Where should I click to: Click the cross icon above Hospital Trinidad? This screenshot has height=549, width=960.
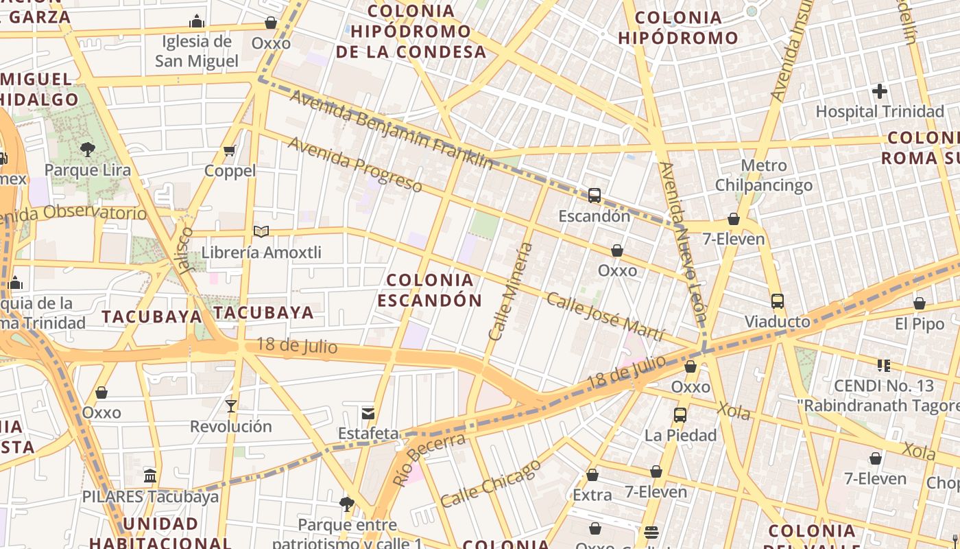[x=880, y=91]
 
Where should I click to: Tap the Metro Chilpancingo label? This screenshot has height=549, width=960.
[x=764, y=176]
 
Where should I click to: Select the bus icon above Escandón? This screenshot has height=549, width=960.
[x=595, y=196]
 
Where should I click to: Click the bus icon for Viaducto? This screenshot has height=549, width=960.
[x=778, y=301]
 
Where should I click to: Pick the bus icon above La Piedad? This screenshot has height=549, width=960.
[x=680, y=415]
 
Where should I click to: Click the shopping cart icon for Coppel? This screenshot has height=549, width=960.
[x=230, y=150]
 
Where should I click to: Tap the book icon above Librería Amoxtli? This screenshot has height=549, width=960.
[x=261, y=231]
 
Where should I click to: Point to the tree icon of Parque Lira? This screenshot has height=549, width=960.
[x=87, y=149]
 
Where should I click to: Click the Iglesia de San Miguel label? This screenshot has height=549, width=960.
[x=197, y=51]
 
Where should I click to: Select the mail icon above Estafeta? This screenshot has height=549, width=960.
[x=368, y=413]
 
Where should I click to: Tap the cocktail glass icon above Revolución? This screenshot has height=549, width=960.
[x=231, y=406]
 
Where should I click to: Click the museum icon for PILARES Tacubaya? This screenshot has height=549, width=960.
[x=150, y=476]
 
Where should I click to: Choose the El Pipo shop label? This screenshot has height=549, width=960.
[x=920, y=324]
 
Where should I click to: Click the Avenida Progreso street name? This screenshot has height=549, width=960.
[x=355, y=164]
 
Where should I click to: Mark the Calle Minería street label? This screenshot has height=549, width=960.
[x=511, y=291]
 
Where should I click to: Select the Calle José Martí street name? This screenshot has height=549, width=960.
[x=605, y=317]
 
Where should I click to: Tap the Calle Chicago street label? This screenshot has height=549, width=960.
[x=490, y=484]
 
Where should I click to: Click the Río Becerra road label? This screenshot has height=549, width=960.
[x=429, y=460]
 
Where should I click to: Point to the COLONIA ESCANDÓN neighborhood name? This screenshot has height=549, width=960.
[x=430, y=290]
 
